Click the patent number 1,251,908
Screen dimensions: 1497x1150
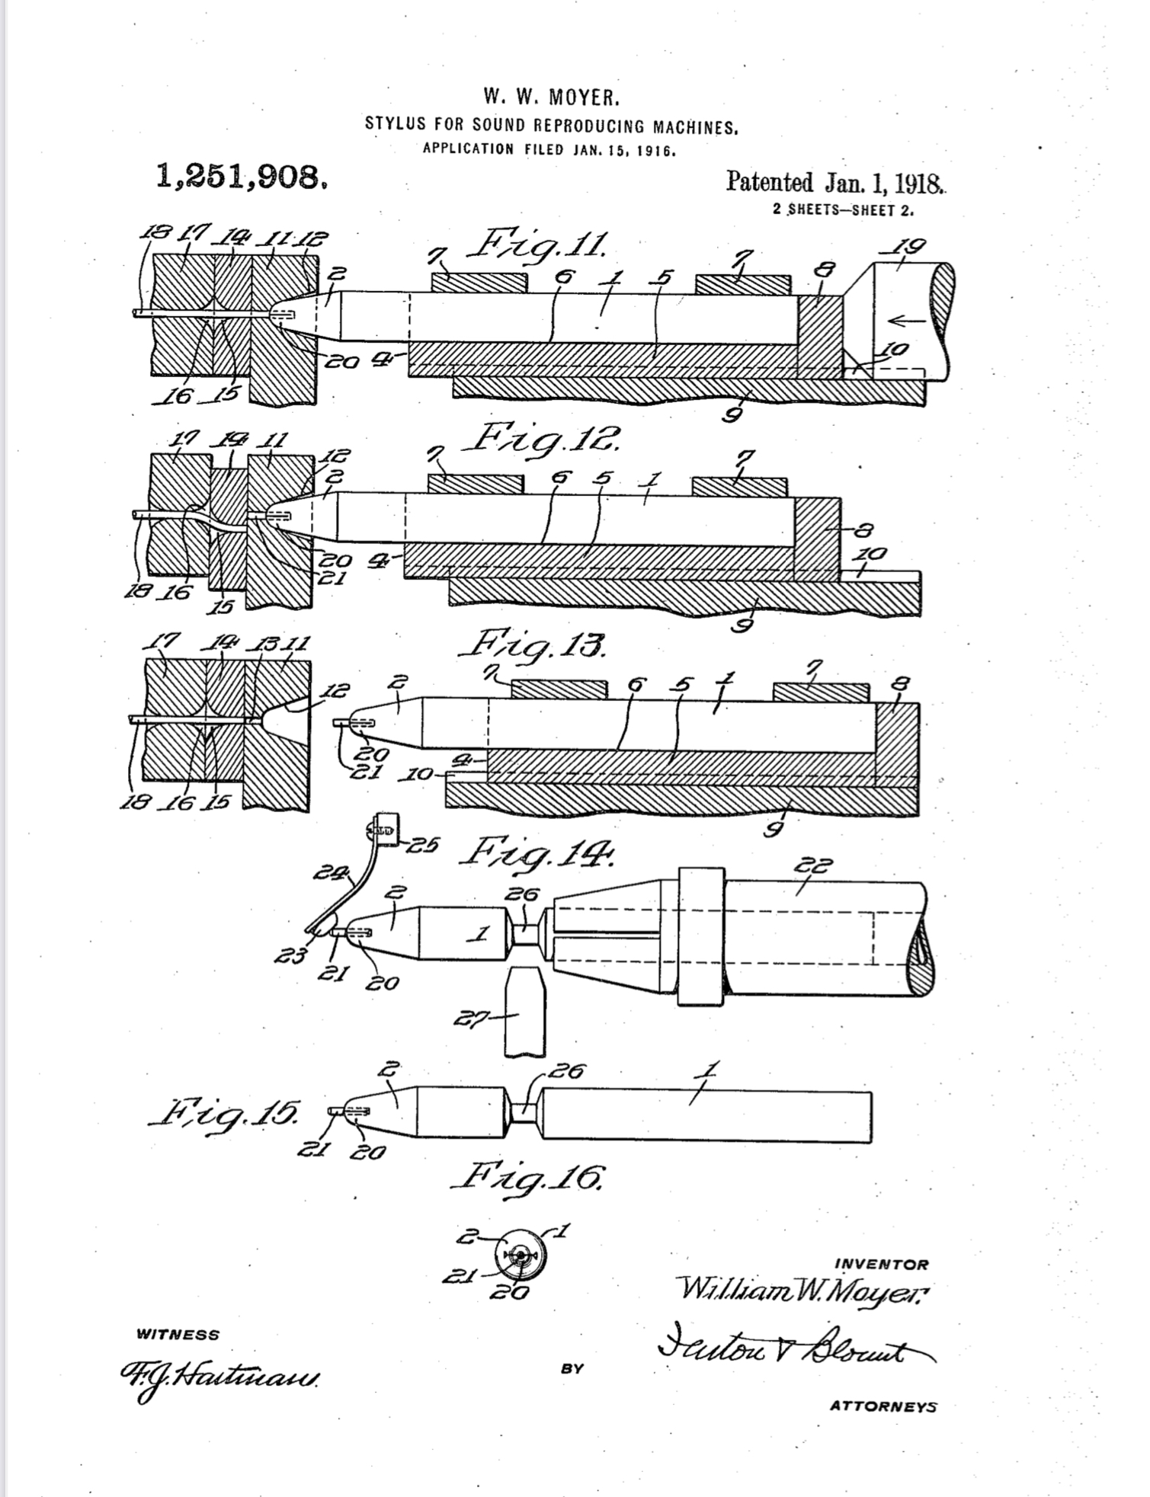[242, 178]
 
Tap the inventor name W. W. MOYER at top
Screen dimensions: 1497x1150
[552, 98]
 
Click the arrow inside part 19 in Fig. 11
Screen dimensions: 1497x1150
[907, 321]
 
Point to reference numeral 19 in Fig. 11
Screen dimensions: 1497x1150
[910, 247]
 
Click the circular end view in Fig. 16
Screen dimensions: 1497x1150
[520, 1255]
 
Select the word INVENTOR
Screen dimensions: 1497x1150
[882, 1264]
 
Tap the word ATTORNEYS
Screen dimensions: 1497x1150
[883, 1406]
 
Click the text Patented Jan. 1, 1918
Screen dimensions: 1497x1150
[835, 183]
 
